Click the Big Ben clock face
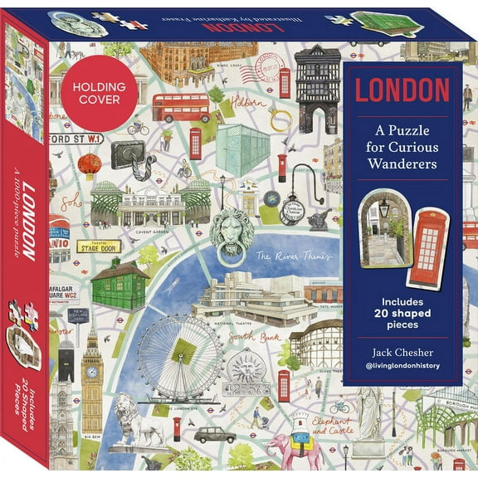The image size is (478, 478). coord(91,372)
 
